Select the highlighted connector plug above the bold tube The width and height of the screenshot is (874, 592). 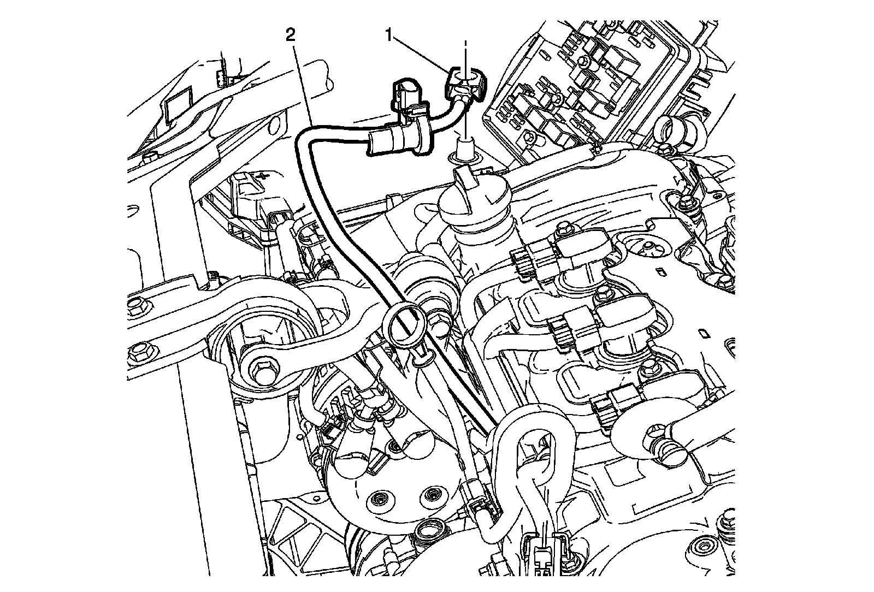(408, 96)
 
